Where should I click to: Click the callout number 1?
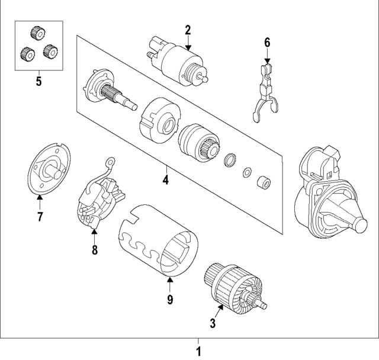click(x=199, y=351)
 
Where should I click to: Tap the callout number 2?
click(x=187, y=30)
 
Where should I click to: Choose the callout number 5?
click(x=38, y=81)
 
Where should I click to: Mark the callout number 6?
click(x=267, y=42)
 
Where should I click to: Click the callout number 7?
click(x=40, y=216)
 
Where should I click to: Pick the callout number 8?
click(x=94, y=250)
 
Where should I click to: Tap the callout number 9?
click(x=169, y=300)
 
